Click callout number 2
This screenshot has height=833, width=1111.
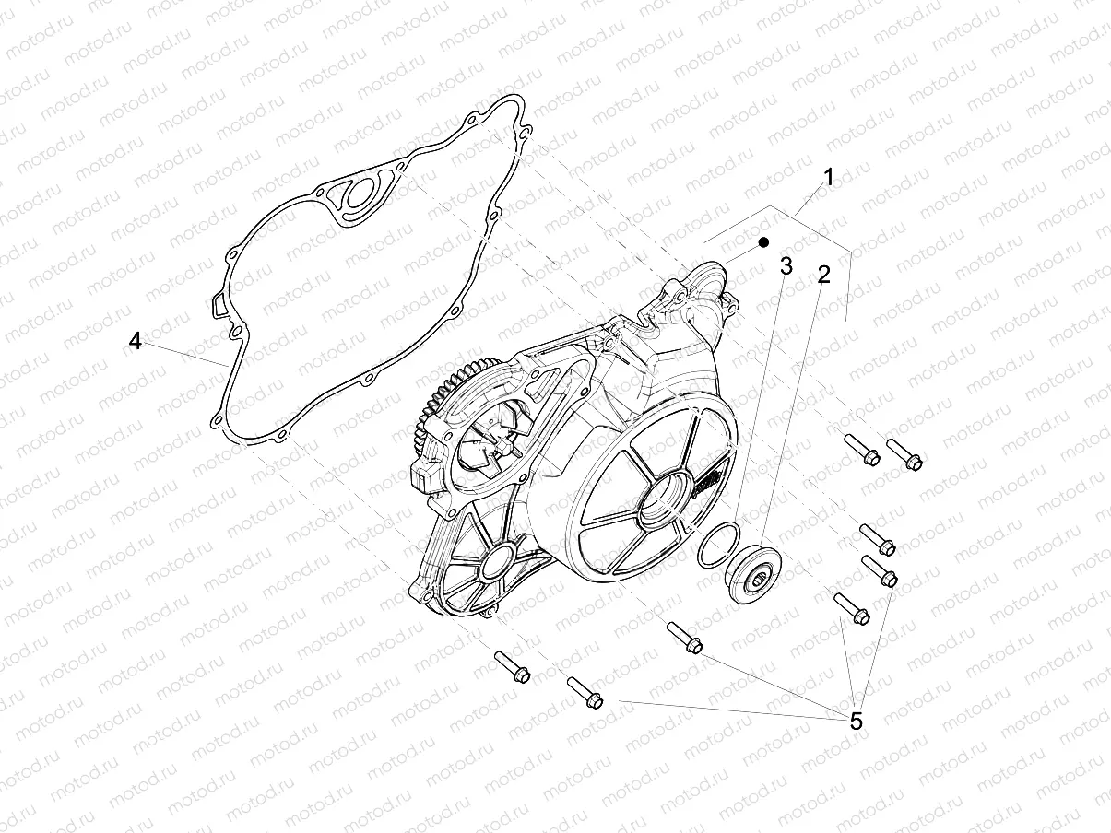[823, 274]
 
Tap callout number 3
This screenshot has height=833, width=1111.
[786, 267]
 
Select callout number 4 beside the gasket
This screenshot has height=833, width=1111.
[136, 341]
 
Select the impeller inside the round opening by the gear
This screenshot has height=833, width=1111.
[492, 447]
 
